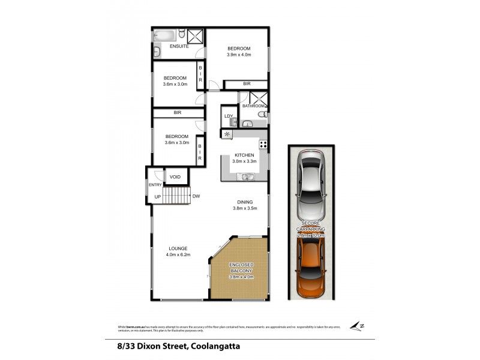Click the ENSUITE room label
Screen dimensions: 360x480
[x=179, y=46]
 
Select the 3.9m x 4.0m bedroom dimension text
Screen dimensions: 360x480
[x=238, y=55]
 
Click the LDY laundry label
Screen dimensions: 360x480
[x=229, y=116]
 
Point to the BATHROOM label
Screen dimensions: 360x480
[x=253, y=106]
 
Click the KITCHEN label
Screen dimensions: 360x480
[x=244, y=155]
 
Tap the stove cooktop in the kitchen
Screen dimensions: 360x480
[x=263, y=144]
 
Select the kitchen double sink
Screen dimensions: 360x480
[x=247, y=176]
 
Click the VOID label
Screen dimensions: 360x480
[x=175, y=177]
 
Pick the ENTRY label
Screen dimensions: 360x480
[x=155, y=185]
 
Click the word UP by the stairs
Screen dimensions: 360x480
[x=158, y=197]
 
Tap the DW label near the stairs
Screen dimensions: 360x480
[x=196, y=196]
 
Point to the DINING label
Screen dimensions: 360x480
[x=245, y=202]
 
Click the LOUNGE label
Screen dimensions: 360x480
[x=178, y=248]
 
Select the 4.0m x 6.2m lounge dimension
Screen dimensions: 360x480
[x=178, y=255]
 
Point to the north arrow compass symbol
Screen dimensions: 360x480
[x=358, y=326]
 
